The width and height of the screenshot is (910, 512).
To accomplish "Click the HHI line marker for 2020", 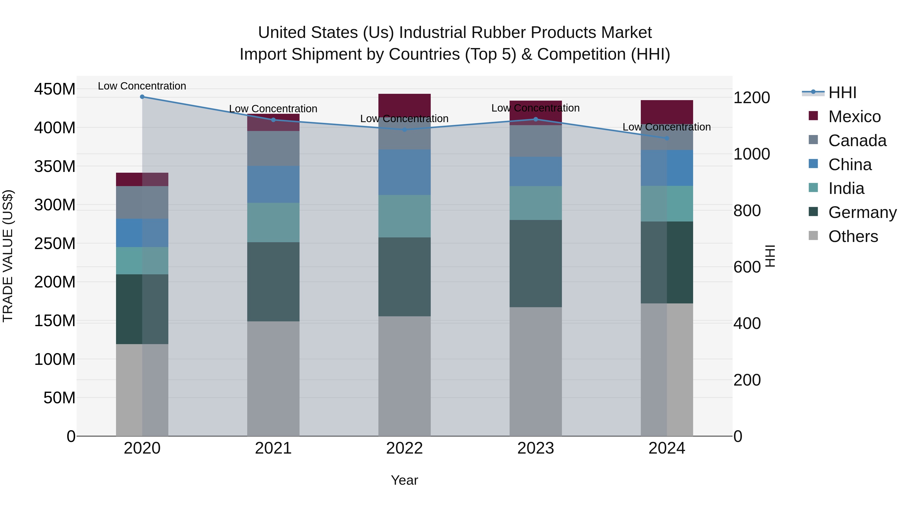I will (x=142, y=97).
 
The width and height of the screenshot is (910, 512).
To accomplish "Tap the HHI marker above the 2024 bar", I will (x=667, y=138).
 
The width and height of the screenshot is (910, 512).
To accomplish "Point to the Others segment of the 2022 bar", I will (x=404, y=376).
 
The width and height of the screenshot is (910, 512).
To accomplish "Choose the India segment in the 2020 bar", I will (x=142, y=260).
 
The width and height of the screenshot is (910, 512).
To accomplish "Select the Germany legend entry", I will (x=862, y=212).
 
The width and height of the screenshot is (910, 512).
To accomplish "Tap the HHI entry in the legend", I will (x=842, y=93).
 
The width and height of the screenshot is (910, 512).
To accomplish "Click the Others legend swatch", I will (x=813, y=236).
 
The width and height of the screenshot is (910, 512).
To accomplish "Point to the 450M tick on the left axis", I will (x=55, y=89).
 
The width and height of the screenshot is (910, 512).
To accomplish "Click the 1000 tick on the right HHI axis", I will (x=752, y=154).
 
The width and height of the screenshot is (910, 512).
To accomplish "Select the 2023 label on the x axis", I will (x=536, y=448).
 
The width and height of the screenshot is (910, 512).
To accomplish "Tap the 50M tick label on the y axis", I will (x=59, y=398).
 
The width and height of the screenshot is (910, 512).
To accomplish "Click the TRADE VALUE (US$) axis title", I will (x=8, y=256).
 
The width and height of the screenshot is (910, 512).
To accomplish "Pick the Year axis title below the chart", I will (x=404, y=480).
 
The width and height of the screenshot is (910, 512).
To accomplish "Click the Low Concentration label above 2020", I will (x=142, y=86).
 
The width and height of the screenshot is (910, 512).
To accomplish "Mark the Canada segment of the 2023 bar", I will (x=536, y=141).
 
